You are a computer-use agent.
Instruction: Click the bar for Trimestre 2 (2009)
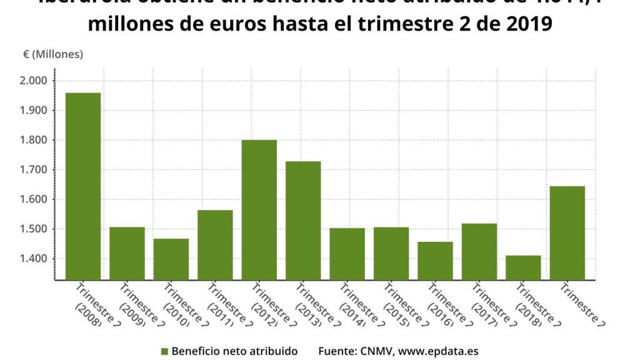point(127,253)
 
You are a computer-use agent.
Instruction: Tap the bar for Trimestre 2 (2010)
point(171,259)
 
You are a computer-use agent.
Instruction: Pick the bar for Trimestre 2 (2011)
point(215,244)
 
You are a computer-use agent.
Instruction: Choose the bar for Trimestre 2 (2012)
point(259,209)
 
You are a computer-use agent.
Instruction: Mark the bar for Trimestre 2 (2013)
point(303,221)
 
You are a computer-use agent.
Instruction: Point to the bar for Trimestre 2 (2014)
point(347,254)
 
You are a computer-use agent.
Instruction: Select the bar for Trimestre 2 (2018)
point(523,267)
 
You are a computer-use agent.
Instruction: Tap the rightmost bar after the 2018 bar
point(567,232)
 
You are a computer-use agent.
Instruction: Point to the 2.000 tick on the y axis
point(34,81)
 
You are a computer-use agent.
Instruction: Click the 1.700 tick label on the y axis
point(34,170)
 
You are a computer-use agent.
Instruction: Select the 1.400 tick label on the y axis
point(34,259)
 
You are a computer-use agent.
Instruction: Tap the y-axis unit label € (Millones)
point(53,54)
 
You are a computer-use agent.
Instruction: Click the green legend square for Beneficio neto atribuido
point(164,351)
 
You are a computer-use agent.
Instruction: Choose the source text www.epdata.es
point(438,351)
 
